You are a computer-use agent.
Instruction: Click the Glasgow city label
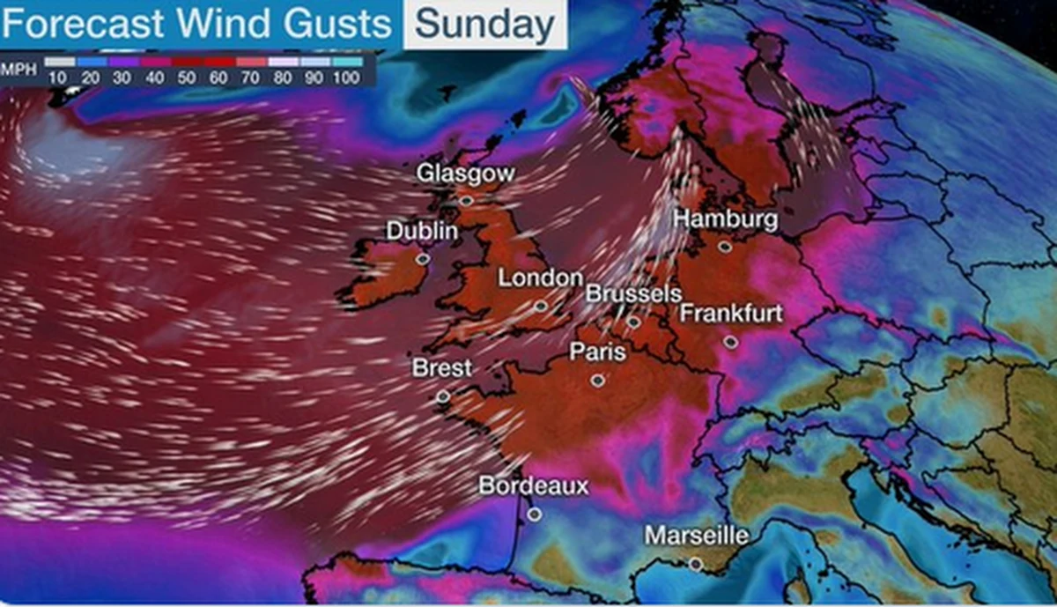pyautogui.click(x=466, y=174)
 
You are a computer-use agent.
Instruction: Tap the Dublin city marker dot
pyautogui.click(x=423, y=259)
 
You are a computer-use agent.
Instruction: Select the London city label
pyautogui.click(x=541, y=278)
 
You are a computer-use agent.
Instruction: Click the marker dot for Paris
pyautogui.click(x=598, y=381)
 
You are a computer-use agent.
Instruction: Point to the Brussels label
pyautogui.click(x=634, y=293)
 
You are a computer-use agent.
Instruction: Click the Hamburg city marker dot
pyautogui.click(x=724, y=248)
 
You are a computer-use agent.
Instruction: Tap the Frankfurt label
pyautogui.click(x=732, y=314)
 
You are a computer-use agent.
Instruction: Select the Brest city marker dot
pyautogui.click(x=443, y=397)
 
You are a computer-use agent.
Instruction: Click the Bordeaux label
pyautogui.click(x=534, y=485)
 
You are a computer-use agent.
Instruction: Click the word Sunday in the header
pyautogui.click(x=484, y=25)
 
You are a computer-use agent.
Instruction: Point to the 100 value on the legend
pyautogui.click(x=347, y=78)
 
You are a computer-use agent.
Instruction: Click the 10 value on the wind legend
pyautogui.click(x=60, y=78)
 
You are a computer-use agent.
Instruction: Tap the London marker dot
pyautogui.click(x=540, y=307)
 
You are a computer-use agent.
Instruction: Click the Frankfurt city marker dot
pyautogui.click(x=731, y=342)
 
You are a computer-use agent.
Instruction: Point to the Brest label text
pyautogui.click(x=442, y=368)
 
